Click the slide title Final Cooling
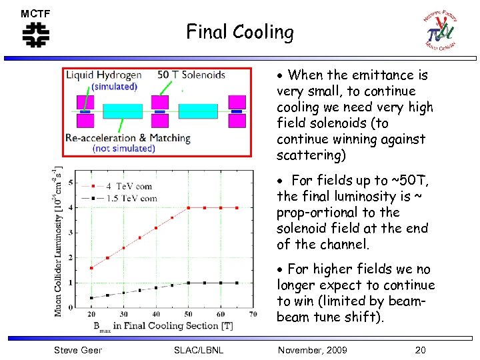[x=239, y=32]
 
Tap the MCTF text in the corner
[x=35, y=14]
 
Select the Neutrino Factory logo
[x=441, y=32]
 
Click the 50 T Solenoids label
[x=191, y=75]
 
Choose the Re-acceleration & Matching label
[x=127, y=138]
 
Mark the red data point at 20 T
[x=91, y=268]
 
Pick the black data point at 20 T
[x=91, y=298]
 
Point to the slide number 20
[x=420, y=350]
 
